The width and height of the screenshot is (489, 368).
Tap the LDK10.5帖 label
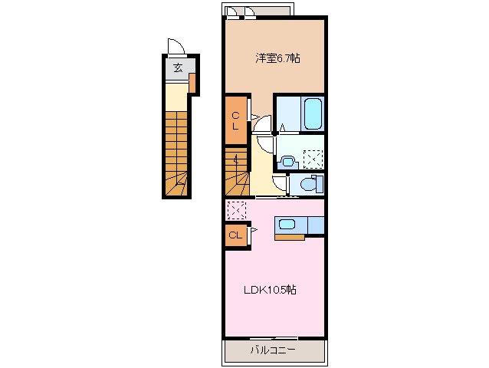point(271,290)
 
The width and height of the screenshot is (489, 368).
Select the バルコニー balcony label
point(274,351)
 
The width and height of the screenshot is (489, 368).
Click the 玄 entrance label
point(178,68)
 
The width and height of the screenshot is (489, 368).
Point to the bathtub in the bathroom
point(313,113)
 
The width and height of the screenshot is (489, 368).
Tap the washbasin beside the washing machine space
point(287,161)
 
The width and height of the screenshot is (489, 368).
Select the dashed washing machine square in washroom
point(312,159)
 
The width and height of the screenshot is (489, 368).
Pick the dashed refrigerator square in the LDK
point(236,209)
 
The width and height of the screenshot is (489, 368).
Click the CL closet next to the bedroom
point(236,120)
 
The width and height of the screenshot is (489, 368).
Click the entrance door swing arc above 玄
point(176,47)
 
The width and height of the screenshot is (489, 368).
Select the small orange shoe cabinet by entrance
point(192,81)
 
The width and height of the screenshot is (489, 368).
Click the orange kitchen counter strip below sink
point(290,237)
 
